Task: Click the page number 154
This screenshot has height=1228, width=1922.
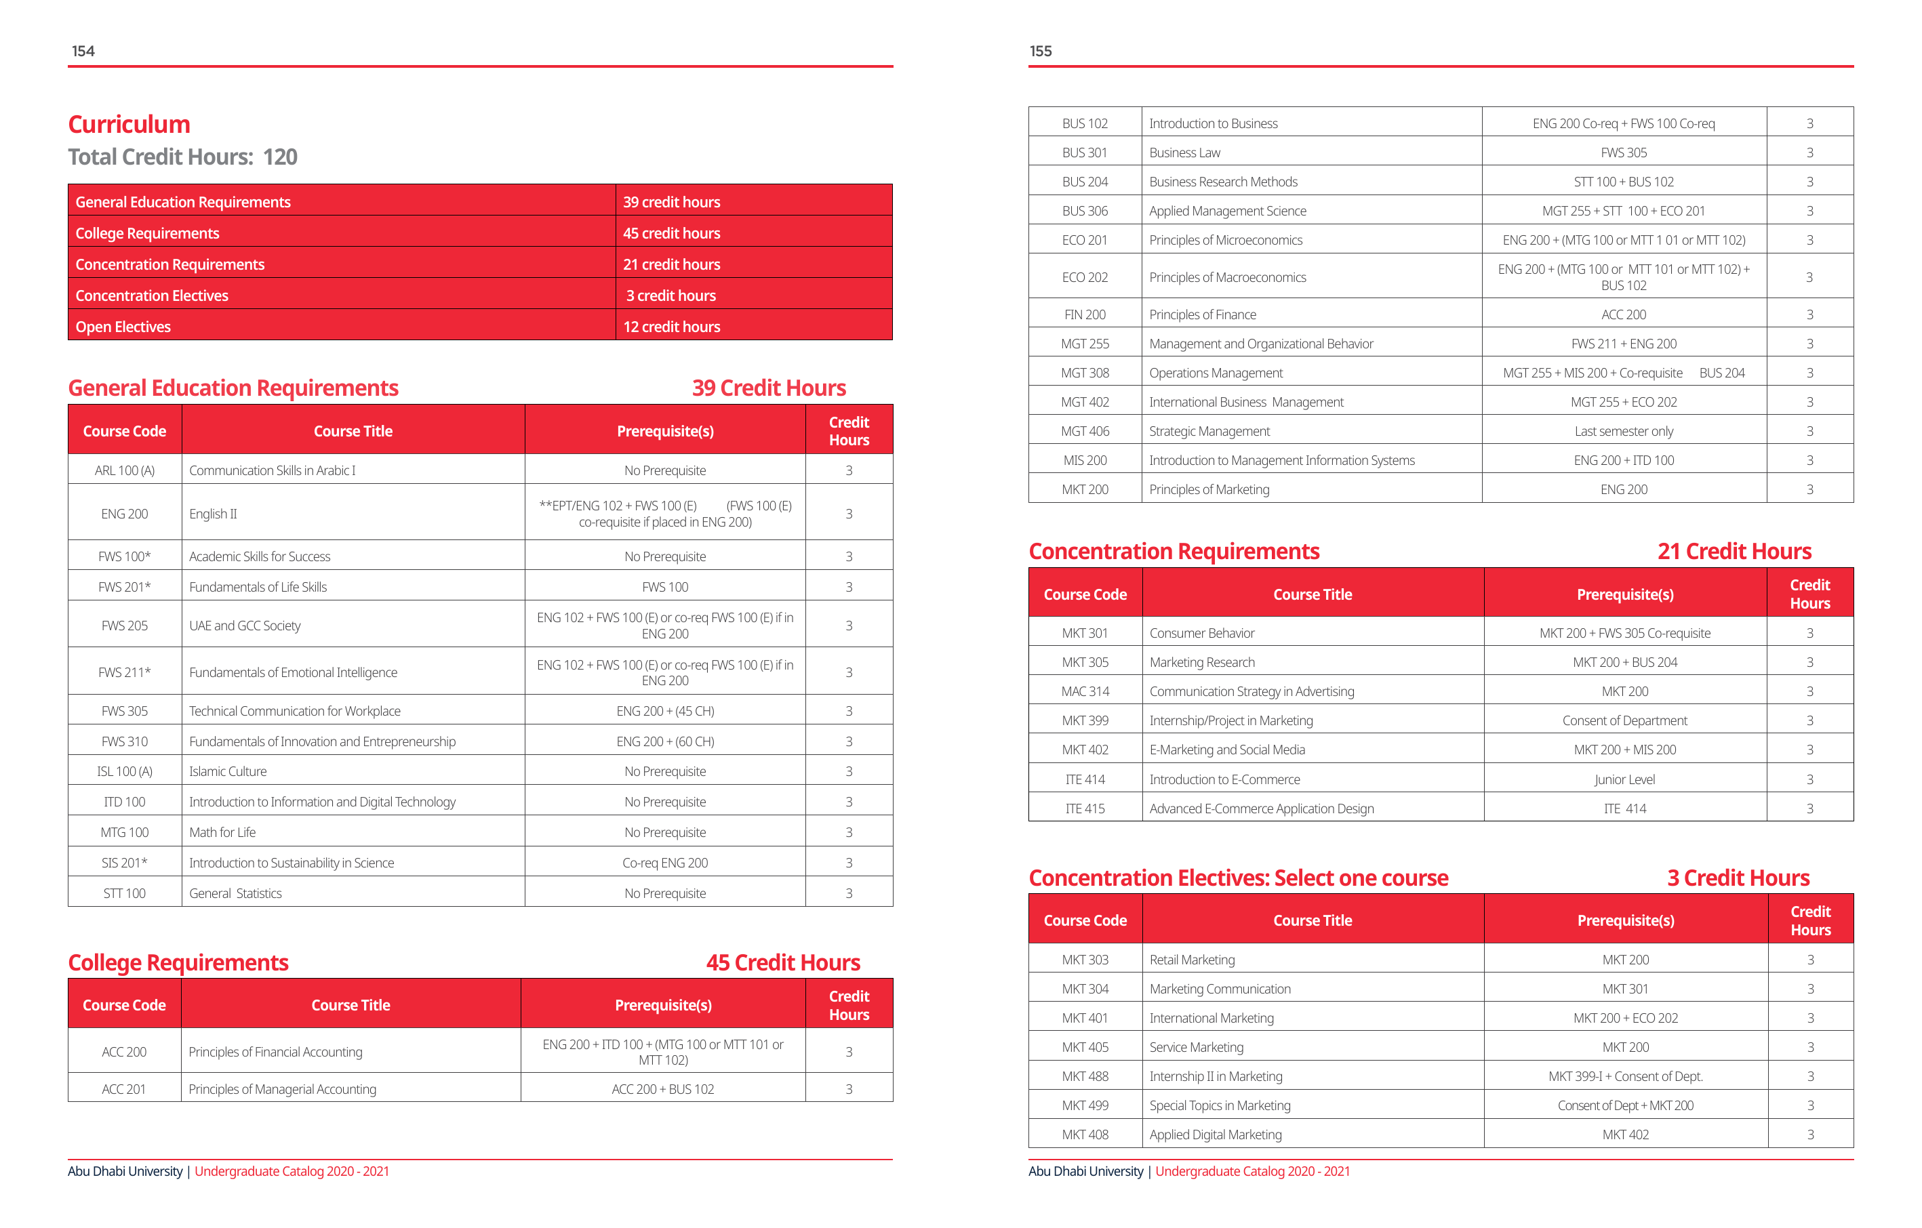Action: coord(83,51)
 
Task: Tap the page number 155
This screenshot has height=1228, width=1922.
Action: coord(1040,51)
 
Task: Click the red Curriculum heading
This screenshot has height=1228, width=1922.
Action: coord(129,125)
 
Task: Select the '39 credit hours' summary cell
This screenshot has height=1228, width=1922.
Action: coord(671,202)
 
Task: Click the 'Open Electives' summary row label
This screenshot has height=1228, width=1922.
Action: coord(123,327)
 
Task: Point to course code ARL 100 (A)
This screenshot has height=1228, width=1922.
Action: coord(125,470)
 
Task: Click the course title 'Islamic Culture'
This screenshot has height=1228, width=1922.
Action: coord(228,771)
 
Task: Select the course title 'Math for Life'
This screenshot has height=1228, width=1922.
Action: coord(222,832)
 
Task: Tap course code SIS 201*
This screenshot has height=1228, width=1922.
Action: coord(125,863)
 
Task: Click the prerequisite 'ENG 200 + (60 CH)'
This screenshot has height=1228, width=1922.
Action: coord(665,741)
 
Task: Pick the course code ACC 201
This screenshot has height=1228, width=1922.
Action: coord(123,1089)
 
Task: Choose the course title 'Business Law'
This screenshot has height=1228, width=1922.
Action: coord(1184,152)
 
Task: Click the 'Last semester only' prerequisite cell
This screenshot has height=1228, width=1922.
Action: coord(1624,431)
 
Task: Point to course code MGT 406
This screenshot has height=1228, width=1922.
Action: coord(1085,431)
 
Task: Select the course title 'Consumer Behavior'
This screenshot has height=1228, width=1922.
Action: coord(1202,633)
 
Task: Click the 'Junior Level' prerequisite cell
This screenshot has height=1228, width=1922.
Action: coord(1624,779)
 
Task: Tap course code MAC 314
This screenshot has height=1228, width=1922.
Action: coord(1085,691)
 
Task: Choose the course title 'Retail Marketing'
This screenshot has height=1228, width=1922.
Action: coord(1192,959)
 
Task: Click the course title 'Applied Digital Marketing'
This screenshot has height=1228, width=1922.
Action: coord(1216,1134)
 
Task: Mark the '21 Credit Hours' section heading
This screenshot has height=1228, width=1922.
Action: coord(1734,552)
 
